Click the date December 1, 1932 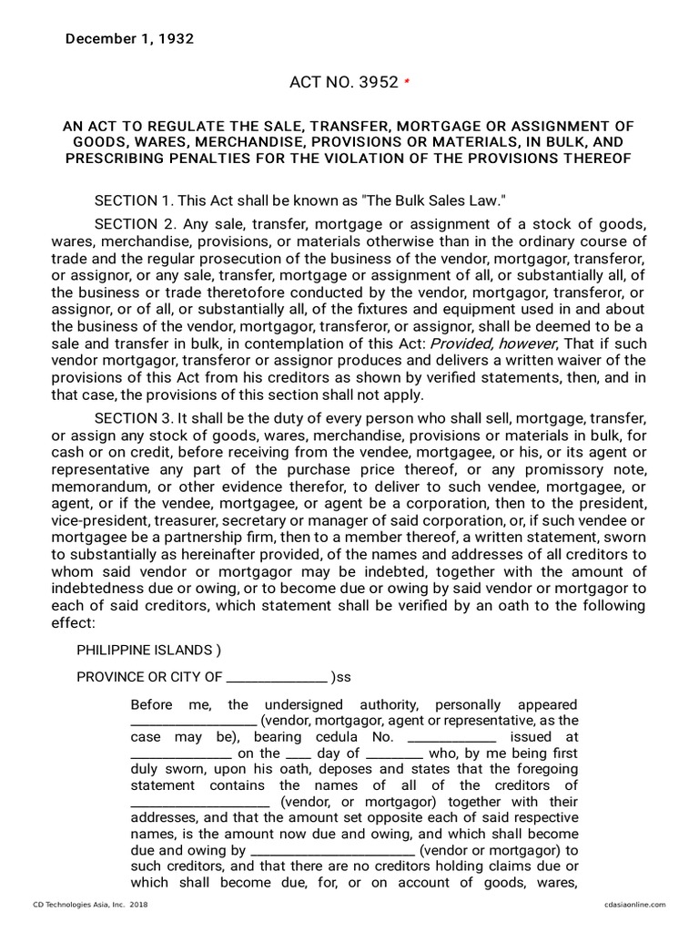pyautogui.click(x=128, y=38)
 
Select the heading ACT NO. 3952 pyautogui.click(x=343, y=82)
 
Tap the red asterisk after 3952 pyautogui.click(x=407, y=82)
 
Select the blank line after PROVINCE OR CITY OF pyautogui.click(x=276, y=677)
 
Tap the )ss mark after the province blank pyautogui.click(x=340, y=677)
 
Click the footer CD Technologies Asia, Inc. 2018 pyautogui.click(x=90, y=905)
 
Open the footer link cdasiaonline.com pyautogui.click(x=634, y=905)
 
